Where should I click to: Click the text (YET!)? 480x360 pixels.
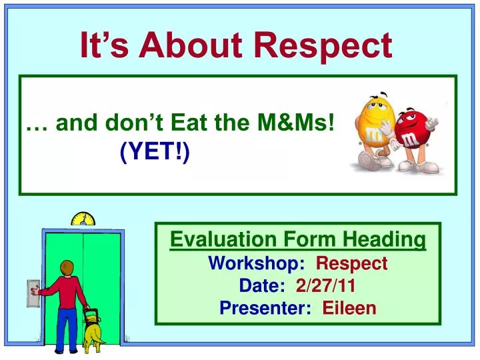[x=155, y=153]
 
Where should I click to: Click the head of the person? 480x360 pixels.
[x=66, y=268]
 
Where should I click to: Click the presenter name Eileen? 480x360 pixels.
[x=349, y=308]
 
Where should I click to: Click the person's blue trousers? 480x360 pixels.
[x=67, y=327]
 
